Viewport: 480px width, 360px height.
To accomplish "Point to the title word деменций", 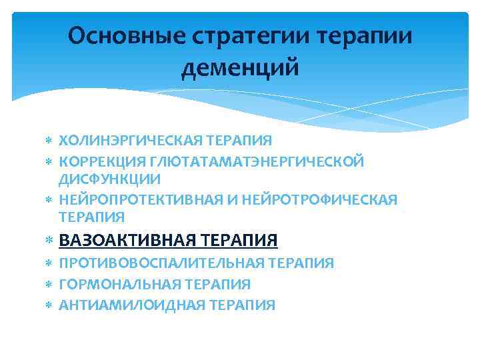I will click(240, 67).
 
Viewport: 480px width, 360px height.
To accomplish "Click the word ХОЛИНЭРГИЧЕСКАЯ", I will click(131, 140).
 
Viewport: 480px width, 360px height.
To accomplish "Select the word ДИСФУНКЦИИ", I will click(109, 179).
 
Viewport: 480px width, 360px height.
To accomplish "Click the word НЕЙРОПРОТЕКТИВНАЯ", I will click(148, 199).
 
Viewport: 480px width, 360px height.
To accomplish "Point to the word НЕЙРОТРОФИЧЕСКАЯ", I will click(323, 199).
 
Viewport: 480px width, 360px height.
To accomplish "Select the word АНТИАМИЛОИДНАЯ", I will click(132, 305).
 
